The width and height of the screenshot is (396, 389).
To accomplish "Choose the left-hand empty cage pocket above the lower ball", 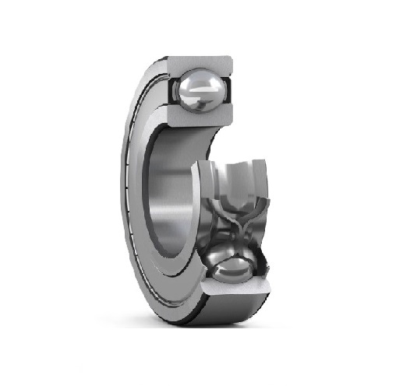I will pos(217,187).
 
